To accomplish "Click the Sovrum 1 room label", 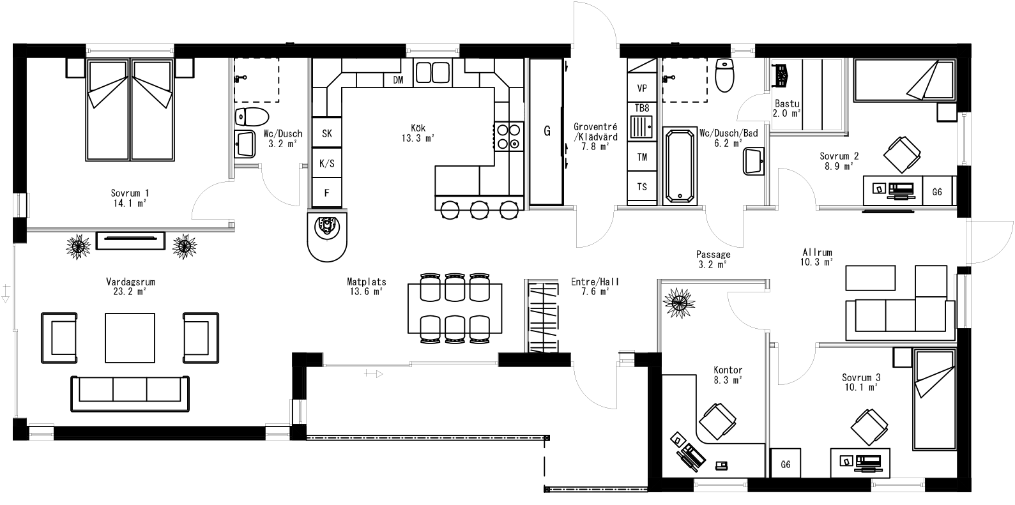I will pos(129,197).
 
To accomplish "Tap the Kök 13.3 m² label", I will pos(418,133).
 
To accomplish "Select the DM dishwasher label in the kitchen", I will pos(398,80).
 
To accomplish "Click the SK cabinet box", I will pos(326,133).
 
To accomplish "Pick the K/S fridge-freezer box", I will pos(326,163).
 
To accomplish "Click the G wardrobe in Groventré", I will pos(546,132).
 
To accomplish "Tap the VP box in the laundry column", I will pos(642,87).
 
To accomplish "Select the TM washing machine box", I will pos(642,157).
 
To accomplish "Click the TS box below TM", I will pos(642,187).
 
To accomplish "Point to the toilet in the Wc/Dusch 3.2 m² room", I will pos(251,117).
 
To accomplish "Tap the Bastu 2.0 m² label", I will pos(786,109).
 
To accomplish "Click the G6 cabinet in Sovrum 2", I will pos(937,191).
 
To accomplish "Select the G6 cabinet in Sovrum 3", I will pos(786,465).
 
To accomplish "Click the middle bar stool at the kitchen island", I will pos(479,209).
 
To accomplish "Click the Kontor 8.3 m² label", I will pos(728,375).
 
